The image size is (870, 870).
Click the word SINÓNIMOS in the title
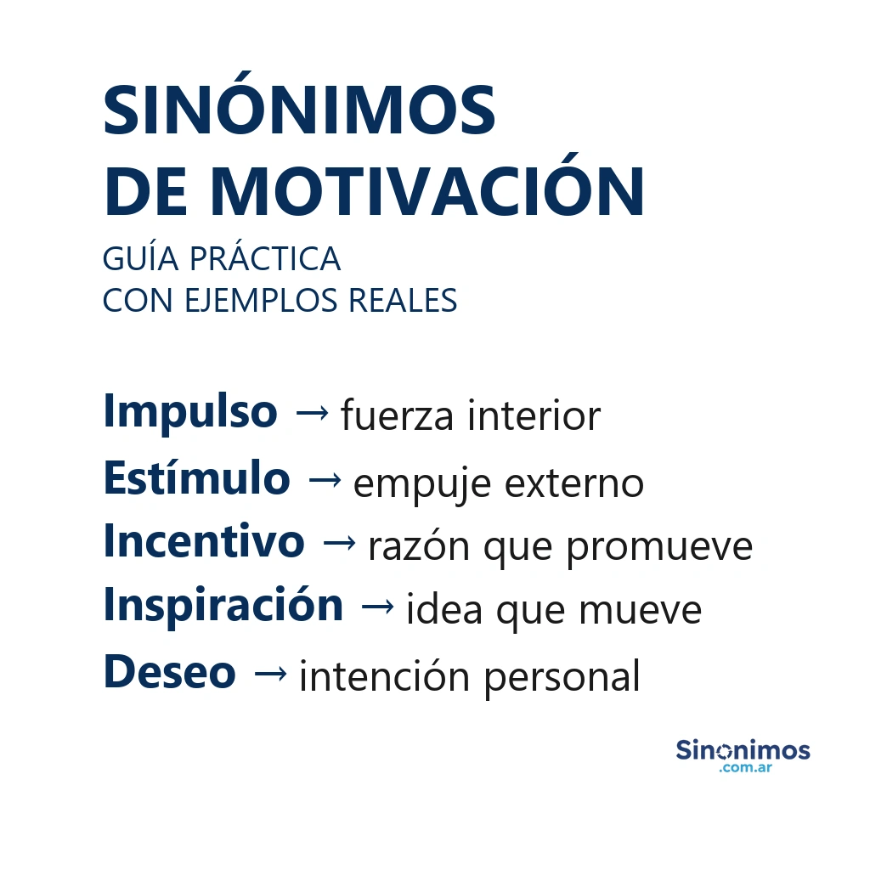299,110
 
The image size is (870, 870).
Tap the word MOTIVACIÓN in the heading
427,192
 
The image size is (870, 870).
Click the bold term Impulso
190,413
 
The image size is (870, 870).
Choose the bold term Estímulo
196,478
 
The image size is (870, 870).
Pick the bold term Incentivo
204,541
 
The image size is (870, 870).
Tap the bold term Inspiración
223,606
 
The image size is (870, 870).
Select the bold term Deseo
169,672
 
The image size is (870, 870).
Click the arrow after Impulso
310,414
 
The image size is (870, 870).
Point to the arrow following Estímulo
325,480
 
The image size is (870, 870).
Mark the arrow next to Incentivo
339,544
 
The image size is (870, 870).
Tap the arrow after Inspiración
377,607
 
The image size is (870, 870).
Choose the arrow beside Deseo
270,674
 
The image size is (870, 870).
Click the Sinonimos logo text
743,750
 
